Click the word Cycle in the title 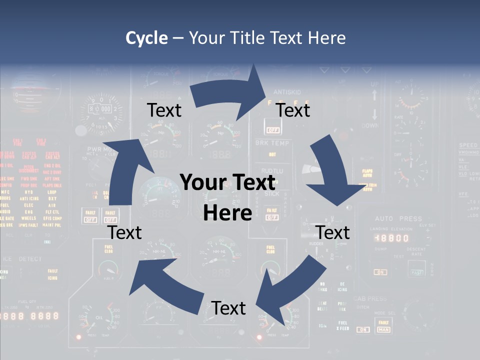coord(146,38)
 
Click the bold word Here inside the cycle coord(227,213)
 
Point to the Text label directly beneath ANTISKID coord(293,110)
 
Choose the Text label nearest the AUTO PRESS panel coord(333,232)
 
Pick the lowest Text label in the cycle coord(228,308)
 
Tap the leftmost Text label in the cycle coord(125,232)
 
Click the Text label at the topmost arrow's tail coord(164,110)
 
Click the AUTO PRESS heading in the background coord(398,219)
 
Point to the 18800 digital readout coord(392,238)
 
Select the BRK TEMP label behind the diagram coord(272,143)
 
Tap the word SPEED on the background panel coord(468,145)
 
